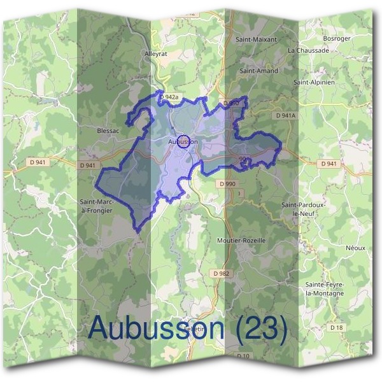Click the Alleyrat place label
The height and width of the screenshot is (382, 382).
click(x=156, y=54)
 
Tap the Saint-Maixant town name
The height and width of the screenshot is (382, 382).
click(x=256, y=39)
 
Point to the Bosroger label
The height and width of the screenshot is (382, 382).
click(x=337, y=39)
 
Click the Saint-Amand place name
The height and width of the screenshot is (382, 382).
click(x=258, y=71)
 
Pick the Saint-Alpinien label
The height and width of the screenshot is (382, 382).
click(x=314, y=82)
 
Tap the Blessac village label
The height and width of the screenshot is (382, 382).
click(x=108, y=131)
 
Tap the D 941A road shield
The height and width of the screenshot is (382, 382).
click(x=286, y=116)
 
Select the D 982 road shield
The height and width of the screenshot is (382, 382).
click(x=221, y=273)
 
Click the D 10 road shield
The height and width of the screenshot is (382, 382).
click(x=243, y=356)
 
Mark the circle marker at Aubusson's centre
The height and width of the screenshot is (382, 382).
click(x=183, y=141)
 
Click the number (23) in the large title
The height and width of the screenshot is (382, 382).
click(x=260, y=327)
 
